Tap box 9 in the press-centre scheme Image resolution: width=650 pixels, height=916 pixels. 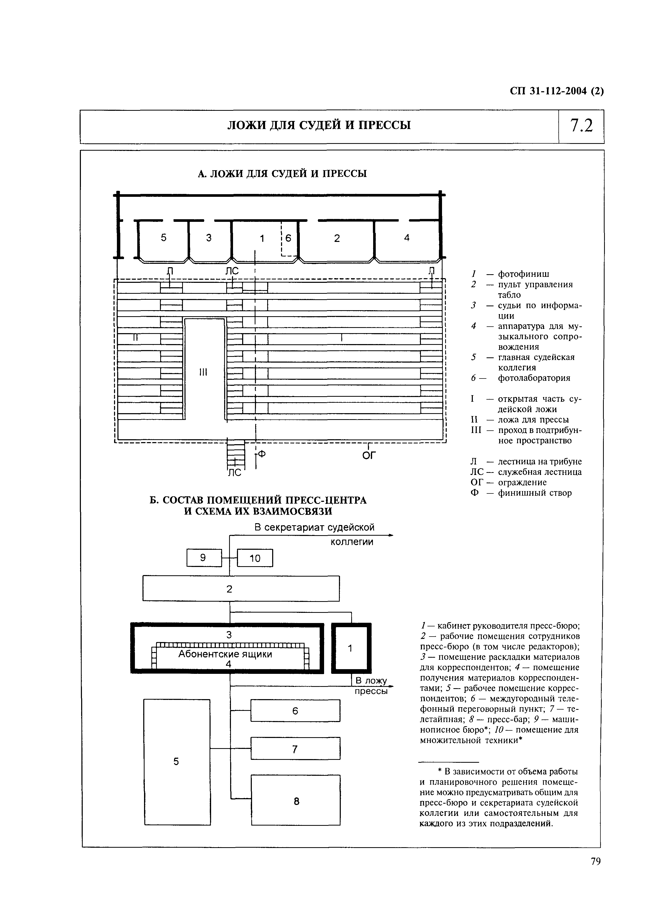point(204,558)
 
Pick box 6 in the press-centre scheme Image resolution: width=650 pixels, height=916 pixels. point(295,711)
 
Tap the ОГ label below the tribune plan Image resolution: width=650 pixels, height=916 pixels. point(369,455)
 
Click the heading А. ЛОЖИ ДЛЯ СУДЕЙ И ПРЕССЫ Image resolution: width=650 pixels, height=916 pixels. point(283,174)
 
